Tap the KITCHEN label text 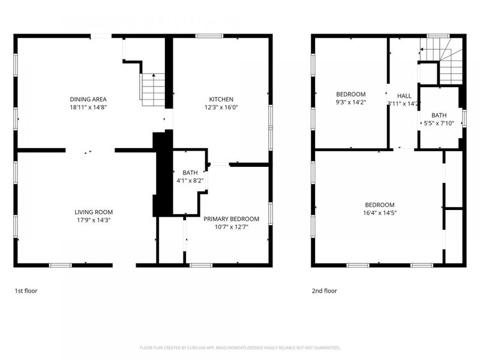point(221,99)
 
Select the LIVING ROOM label point(94,212)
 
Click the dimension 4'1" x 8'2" point(190,180)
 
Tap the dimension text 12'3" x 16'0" point(221,107)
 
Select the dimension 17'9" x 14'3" point(94,220)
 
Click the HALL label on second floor point(404,95)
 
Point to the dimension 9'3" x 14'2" point(350,103)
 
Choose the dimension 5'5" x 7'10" point(439,124)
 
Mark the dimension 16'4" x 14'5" point(379,212)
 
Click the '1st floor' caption point(27,291)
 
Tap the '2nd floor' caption point(324,291)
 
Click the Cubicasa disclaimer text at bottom point(240,347)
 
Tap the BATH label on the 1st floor point(190,173)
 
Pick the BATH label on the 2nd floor point(439,116)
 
